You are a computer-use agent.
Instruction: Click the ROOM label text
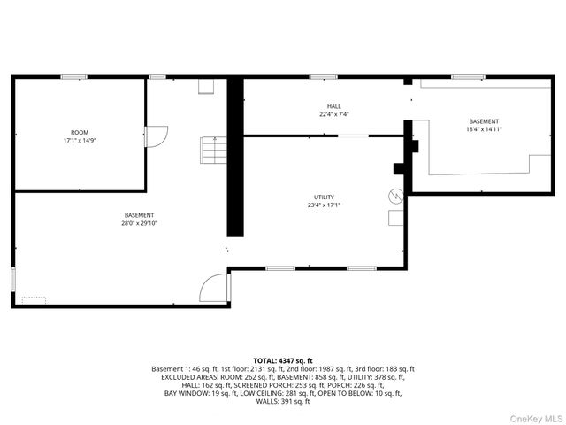point(80,132)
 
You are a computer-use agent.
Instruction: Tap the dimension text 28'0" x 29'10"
point(139,223)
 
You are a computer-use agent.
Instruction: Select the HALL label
point(333,106)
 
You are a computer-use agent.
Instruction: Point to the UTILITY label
point(324,197)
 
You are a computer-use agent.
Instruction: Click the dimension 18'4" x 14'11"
point(484,129)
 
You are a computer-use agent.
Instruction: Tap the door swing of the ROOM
point(154,136)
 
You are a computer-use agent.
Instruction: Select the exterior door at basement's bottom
point(215,290)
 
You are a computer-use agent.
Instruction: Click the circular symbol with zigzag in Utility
point(396,194)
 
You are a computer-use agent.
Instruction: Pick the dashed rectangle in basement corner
point(34,299)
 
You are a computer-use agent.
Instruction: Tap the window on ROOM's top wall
point(73,77)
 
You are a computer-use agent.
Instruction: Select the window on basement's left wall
point(13,277)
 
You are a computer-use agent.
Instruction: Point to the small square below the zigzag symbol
point(395,217)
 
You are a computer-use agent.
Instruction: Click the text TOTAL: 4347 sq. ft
point(283,360)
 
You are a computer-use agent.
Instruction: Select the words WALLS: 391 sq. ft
point(283,401)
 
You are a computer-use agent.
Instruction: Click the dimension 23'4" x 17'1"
point(324,205)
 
